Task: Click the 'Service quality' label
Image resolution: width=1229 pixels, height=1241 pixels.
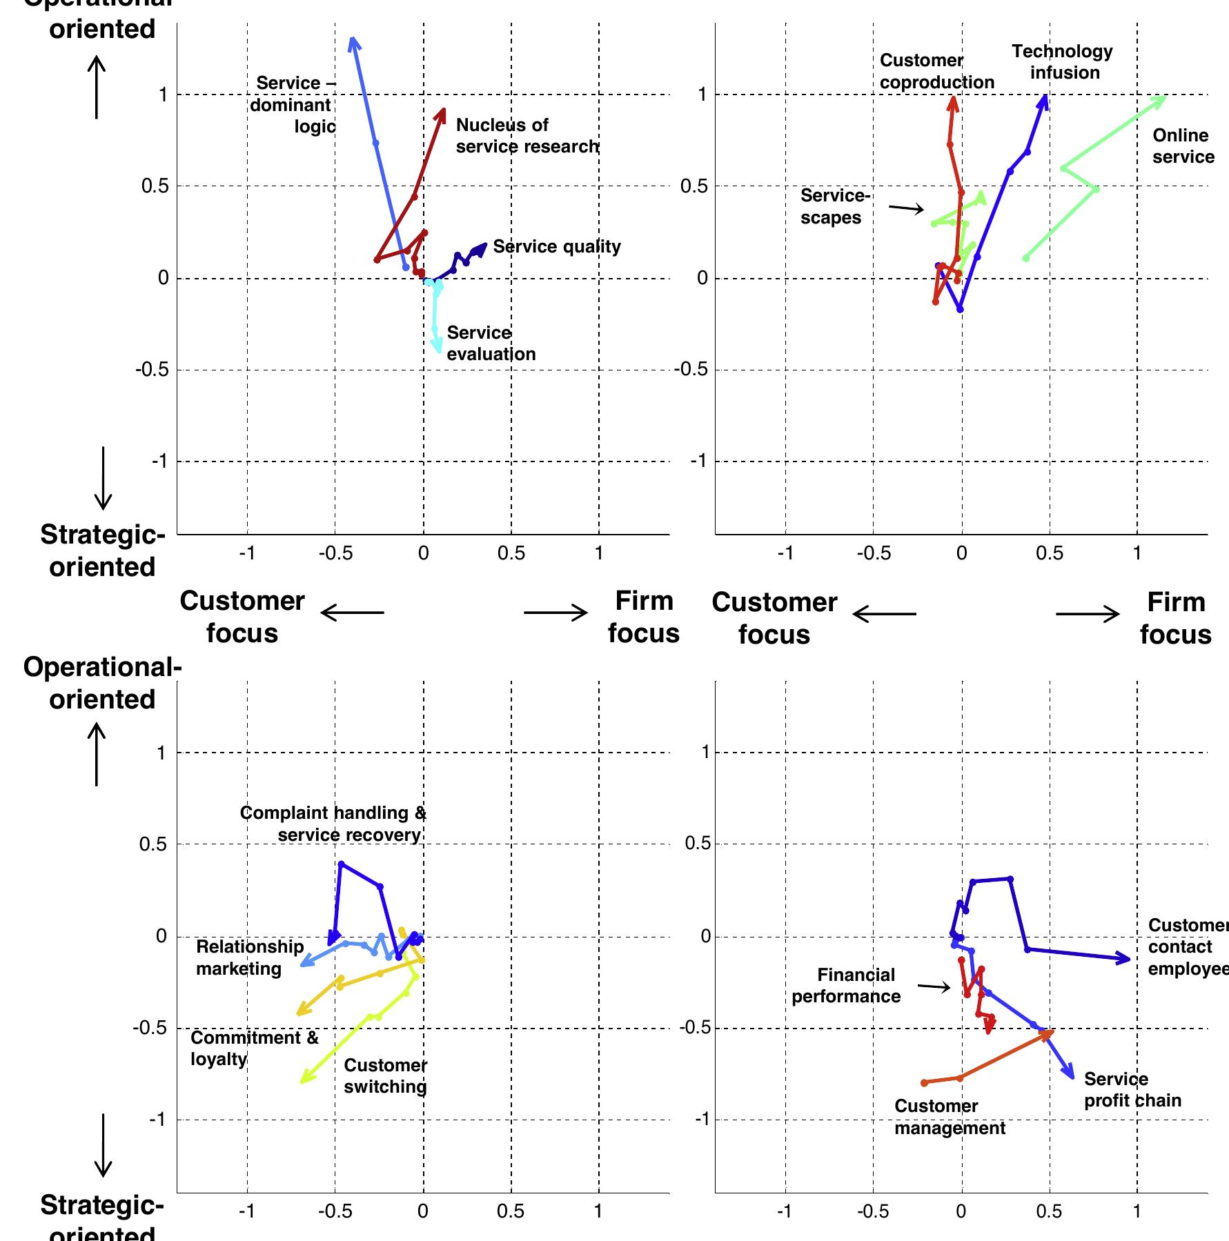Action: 556,247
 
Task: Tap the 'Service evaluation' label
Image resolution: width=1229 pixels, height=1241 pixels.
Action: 491,344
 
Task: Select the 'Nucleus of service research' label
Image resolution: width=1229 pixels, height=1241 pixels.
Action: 527,136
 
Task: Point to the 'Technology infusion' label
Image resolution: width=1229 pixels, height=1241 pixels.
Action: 1063,62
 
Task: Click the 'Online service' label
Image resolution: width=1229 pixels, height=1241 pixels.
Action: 1183,146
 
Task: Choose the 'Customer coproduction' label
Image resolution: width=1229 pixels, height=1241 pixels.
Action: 936,72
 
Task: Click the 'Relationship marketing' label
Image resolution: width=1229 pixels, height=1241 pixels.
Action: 249,957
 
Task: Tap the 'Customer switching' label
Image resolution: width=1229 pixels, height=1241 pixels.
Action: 385,1076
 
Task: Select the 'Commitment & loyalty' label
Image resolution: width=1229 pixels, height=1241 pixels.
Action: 254,1048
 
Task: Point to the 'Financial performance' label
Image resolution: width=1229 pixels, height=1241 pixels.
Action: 846,986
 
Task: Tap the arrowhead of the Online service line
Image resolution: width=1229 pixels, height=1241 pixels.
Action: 1164,98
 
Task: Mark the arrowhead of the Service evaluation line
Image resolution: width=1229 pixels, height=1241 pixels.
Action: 438,349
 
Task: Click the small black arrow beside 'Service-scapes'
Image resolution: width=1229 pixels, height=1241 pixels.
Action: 906,208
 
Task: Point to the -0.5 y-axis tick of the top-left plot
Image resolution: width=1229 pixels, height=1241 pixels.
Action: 152,370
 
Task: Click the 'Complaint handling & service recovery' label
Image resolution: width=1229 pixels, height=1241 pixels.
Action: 333,824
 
